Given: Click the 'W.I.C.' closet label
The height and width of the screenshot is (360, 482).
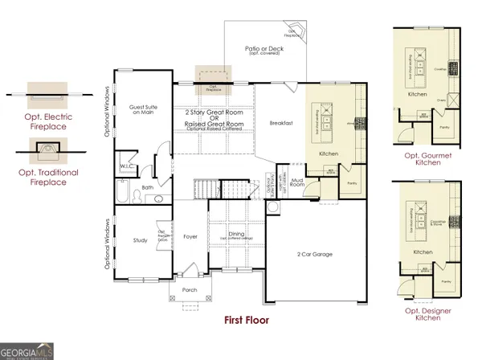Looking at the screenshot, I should pos(126,167).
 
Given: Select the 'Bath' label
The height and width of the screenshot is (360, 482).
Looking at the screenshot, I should pos(148,188).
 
